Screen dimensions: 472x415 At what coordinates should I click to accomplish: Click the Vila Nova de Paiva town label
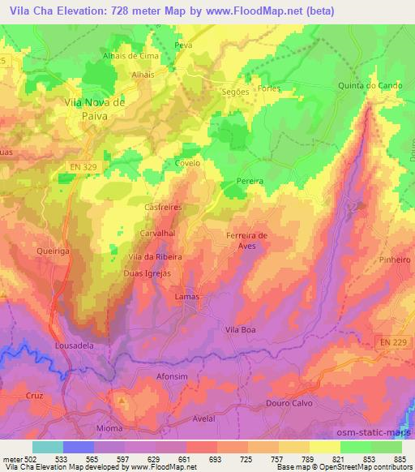click(x=95, y=109)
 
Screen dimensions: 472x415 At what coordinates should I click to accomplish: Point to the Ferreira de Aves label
click(x=246, y=241)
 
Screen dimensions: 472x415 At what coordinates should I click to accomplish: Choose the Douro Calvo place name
click(x=289, y=403)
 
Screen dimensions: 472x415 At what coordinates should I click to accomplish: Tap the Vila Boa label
click(x=240, y=330)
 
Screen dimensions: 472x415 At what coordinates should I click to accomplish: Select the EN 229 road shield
click(x=395, y=344)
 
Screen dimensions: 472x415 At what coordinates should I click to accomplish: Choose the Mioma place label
click(x=109, y=427)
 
